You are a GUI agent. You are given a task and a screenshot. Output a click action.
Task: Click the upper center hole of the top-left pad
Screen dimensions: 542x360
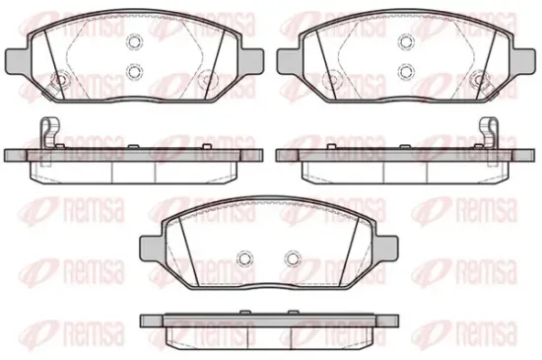pos(134,41)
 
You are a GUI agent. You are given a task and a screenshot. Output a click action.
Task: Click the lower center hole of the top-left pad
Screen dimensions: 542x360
pos(134,71)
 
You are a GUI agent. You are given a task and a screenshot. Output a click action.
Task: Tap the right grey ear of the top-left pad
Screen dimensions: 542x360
pos(252,61)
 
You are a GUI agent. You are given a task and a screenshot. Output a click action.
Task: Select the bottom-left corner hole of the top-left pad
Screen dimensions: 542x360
pos(59,80)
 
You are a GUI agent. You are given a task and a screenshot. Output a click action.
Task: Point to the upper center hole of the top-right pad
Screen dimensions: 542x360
pos(406,41)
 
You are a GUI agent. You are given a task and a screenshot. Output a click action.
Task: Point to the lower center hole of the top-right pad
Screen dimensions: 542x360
pos(406,71)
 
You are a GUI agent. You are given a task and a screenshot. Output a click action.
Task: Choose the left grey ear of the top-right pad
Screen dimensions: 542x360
pos(289,61)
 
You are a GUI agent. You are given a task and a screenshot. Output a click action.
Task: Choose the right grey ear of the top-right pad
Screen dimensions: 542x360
pos(523,61)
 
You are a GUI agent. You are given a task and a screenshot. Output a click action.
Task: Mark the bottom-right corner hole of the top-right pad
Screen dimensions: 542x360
pos(479,80)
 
